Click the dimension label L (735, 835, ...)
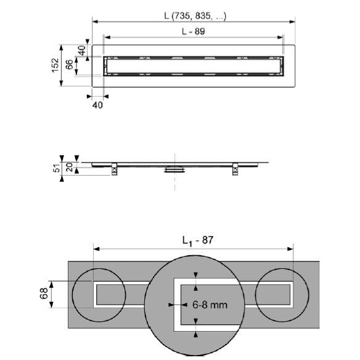coord(195,16)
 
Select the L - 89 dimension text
coord(194,31)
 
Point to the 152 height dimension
coord(55,65)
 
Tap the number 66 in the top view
coord(69,64)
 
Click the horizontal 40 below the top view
coord(97,105)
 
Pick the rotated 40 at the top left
coord(82,51)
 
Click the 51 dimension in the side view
coord(57,167)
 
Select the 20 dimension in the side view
coord(69,167)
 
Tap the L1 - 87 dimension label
coord(198,241)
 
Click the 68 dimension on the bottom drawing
coord(44,293)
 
